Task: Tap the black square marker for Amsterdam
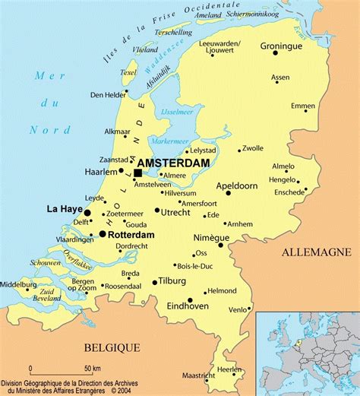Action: [x=137, y=173]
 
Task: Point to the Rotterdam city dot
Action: [x=102, y=234]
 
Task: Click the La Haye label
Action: [x=65, y=208]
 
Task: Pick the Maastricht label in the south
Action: [x=200, y=375]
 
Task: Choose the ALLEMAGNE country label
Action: [x=316, y=252]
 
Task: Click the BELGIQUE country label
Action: [x=112, y=347]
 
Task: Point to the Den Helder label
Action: [x=106, y=95]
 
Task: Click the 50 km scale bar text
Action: [x=93, y=369]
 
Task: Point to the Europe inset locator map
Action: [x=308, y=353]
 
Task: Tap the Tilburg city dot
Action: [x=154, y=282]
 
